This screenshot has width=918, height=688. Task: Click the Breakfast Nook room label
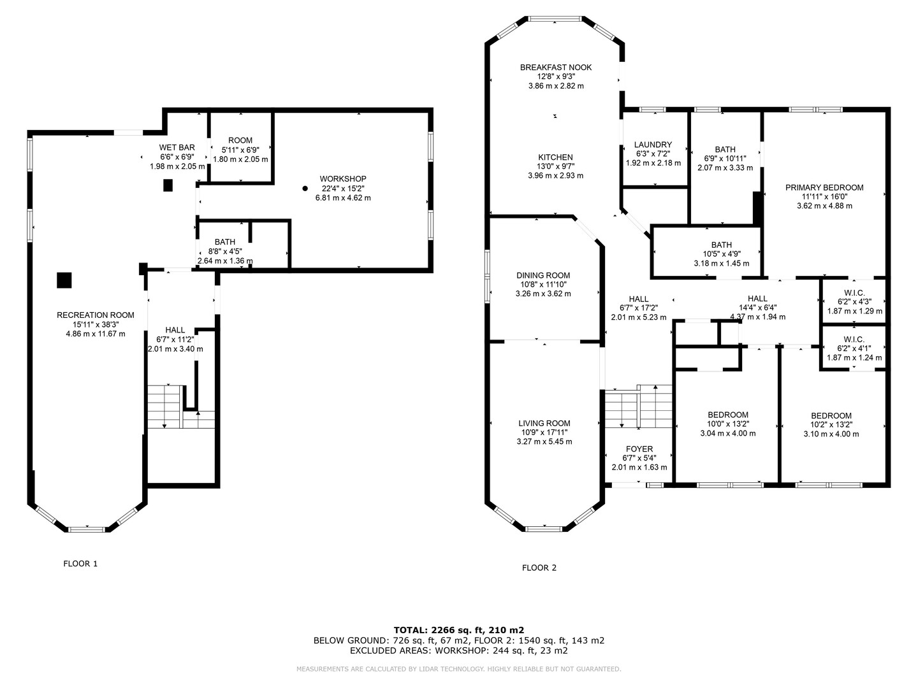(x=555, y=68)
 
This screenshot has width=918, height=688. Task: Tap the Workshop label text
(x=343, y=179)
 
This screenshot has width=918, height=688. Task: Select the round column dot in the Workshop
(x=305, y=189)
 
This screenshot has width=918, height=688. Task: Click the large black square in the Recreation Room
(x=64, y=280)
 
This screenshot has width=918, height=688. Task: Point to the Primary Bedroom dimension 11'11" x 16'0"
(x=824, y=197)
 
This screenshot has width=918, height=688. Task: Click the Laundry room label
(x=653, y=145)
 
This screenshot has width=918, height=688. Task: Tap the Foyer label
(x=639, y=448)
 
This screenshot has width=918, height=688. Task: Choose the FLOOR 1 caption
(x=80, y=564)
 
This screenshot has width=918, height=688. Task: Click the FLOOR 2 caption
(x=539, y=568)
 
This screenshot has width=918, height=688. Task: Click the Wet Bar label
(x=177, y=147)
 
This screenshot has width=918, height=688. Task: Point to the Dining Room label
(x=543, y=275)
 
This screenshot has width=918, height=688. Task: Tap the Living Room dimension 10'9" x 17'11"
(x=544, y=433)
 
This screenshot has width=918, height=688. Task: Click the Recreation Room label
(x=96, y=315)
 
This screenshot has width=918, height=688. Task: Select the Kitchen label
(x=555, y=157)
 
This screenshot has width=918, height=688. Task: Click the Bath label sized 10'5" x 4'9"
(x=722, y=245)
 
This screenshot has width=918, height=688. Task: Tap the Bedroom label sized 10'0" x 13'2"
(x=728, y=415)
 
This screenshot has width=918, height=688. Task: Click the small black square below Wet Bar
(x=168, y=185)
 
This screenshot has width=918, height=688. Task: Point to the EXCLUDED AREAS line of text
(x=459, y=650)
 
